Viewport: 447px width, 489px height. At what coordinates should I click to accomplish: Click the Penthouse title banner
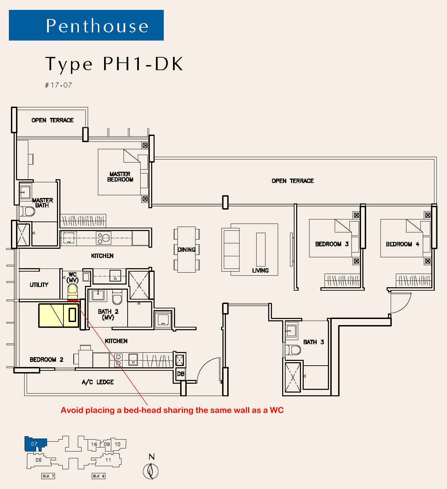coord(86,25)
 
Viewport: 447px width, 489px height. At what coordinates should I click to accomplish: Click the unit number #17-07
coord(58,85)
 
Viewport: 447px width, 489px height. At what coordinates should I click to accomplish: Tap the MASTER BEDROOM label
coord(120,177)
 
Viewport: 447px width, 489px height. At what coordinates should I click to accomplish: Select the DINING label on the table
coord(187,250)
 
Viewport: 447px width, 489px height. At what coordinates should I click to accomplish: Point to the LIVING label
coord(260,270)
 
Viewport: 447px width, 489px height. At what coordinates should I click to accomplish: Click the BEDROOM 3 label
coord(332,244)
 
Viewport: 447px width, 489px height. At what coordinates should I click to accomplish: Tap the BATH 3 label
coord(314,342)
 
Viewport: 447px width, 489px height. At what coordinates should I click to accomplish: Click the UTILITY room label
coord(39,285)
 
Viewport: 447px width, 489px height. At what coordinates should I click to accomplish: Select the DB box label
coord(181,374)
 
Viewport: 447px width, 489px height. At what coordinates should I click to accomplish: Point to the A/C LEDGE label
coord(98,382)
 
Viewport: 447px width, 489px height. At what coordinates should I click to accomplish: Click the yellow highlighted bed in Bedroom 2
coord(59,315)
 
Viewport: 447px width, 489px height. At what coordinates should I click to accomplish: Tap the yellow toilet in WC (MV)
coord(72,291)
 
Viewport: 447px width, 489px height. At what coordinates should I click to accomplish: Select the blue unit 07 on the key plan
coord(35,444)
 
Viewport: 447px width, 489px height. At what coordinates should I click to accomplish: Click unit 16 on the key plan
coord(94,444)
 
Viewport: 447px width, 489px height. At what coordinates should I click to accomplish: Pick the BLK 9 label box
coord(99,476)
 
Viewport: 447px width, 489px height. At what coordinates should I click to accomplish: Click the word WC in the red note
coord(277,410)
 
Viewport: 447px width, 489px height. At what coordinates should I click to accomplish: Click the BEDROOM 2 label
coord(46,360)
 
